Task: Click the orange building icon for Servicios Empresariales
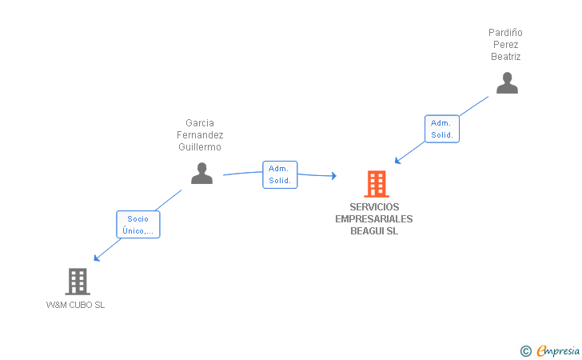point(376,184)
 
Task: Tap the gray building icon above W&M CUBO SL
point(77,281)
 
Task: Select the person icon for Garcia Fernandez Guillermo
point(201,173)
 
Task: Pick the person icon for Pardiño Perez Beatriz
point(507,83)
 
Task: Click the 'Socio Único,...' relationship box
point(138,225)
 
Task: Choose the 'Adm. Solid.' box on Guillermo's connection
point(280,174)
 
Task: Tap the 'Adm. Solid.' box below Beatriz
point(441,129)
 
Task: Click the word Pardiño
point(506,33)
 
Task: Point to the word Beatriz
point(506,57)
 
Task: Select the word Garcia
point(200,123)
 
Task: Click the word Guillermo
point(200,147)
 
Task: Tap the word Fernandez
point(200,135)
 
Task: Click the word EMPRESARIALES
point(374,219)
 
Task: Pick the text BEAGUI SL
point(374,231)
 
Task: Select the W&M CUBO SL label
point(76,305)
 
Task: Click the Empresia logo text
point(559,350)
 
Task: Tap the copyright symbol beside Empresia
point(525,350)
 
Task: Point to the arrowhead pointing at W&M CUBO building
point(96,258)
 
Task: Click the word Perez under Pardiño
point(506,45)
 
